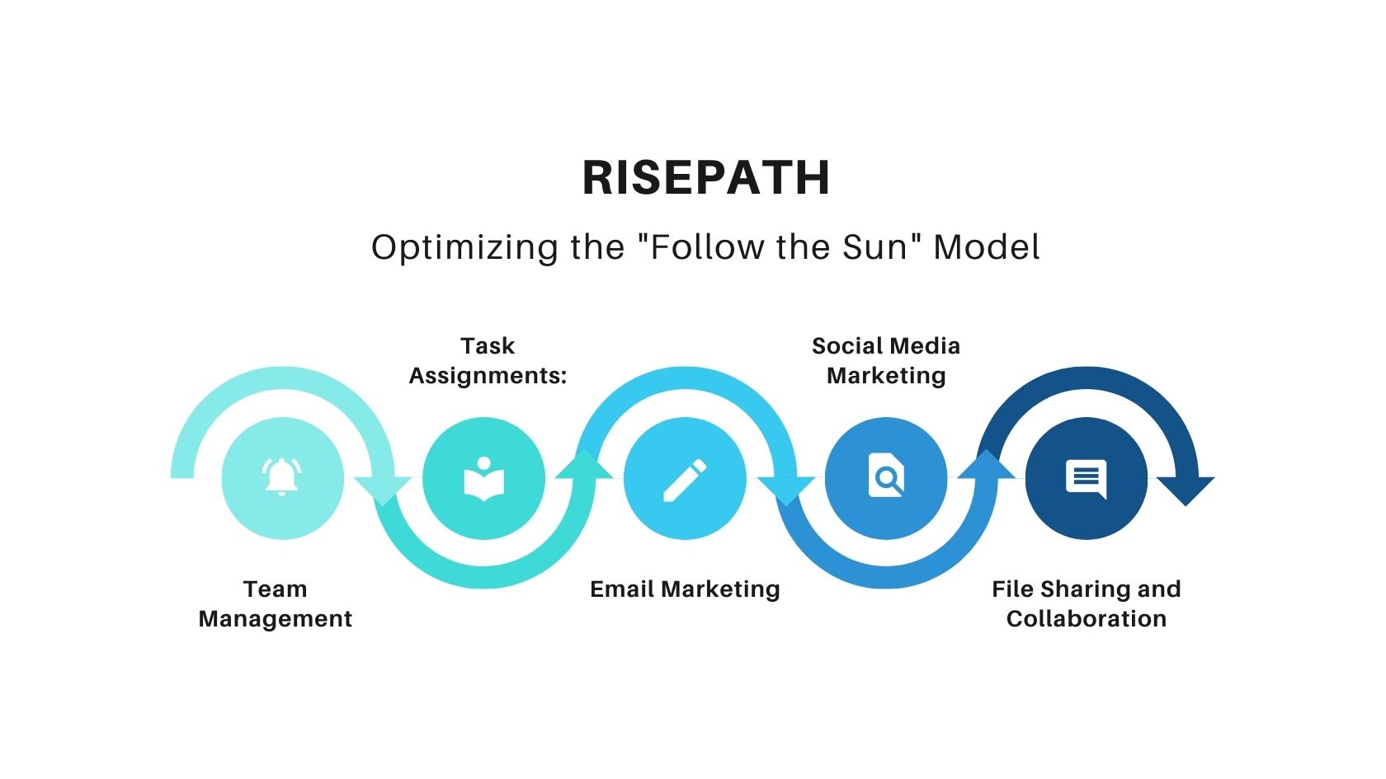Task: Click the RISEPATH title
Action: pyautogui.click(x=705, y=177)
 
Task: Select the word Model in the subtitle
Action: pyautogui.click(x=986, y=247)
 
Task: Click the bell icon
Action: pyautogui.click(x=282, y=477)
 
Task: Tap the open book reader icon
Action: pyautogui.click(x=484, y=479)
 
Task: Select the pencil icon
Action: pyautogui.click(x=685, y=479)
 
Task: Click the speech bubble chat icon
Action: pyautogui.click(x=1087, y=478)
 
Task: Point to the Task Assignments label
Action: pyautogui.click(x=488, y=360)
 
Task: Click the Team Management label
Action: pyautogui.click(x=276, y=603)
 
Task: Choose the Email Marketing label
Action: pyautogui.click(x=685, y=589)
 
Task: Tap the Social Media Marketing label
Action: pyautogui.click(x=886, y=360)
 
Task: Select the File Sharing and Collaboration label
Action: pyautogui.click(x=1087, y=603)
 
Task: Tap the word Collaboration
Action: pyautogui.click(x=1087, y=618)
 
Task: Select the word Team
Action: pyautogui.click(x=276, y=589)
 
